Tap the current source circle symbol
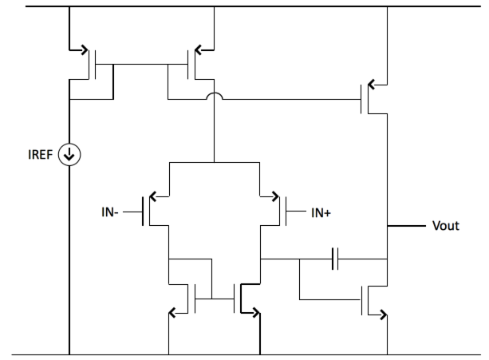tap(69, 156)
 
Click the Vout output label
tap(446, 226)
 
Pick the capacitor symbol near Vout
tap(335, 259)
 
